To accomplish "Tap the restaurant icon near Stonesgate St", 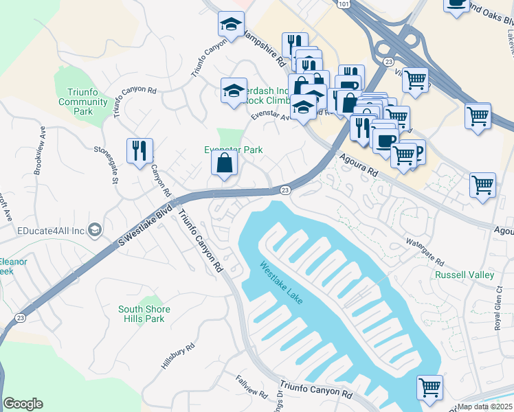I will click(x=139, y=150).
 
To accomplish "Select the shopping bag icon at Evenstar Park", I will click(x=224, y=163).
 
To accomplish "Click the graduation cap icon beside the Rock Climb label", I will click(x=234, y=90).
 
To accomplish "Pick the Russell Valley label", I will click(x=465, y=275).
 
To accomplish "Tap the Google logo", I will click(x=23, y=403).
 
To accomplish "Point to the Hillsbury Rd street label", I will click(x=173, y=358).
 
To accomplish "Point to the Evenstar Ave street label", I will click(x=269, y=117).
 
